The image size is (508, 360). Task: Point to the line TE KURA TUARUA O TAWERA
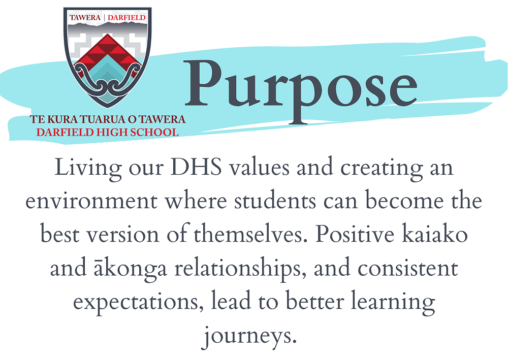108,120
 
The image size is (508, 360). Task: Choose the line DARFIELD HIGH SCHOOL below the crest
108,133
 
